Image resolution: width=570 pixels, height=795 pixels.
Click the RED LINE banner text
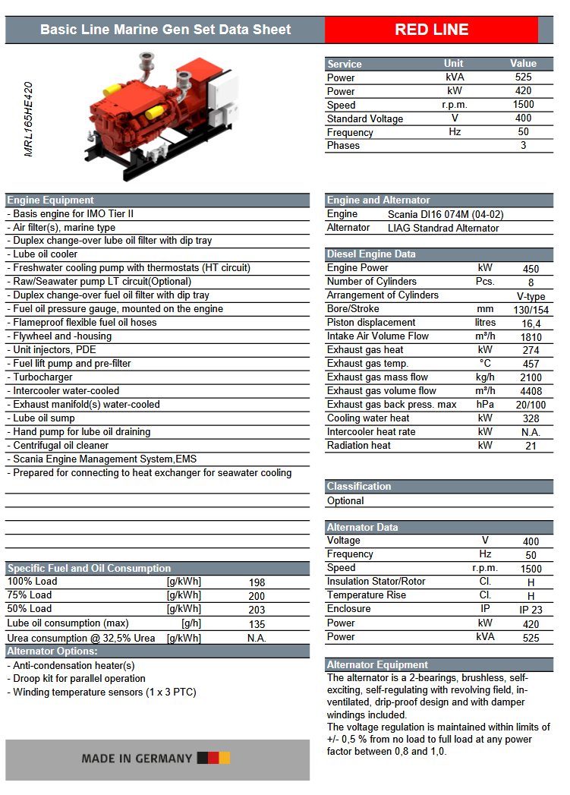pyautogui.click(x=431, y=30)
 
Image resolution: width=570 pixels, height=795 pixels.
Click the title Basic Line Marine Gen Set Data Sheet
pyautogui.click(x=165, y=30)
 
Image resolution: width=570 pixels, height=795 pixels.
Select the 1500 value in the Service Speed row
pyautogui.click(x=523, y=105)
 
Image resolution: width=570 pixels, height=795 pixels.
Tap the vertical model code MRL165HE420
pyautogui.click(x=29, y=119)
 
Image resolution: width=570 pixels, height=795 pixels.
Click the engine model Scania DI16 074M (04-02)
pyautogui.click(x=445, y=214)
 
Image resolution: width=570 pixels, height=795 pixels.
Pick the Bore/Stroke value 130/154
pyautogui.click(x=531, y=310)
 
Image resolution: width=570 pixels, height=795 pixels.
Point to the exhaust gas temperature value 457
pyautogui.click(x=531, y=364)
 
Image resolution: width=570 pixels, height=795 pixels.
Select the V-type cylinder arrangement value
pyautogui.click(x=531, y=296)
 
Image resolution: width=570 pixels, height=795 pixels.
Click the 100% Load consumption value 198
pyautogui.click(x=257, y=582)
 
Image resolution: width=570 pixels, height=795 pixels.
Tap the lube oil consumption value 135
pyautogui.click(x=257, y=624)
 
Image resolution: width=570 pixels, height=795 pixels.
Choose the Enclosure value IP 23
pyautogui.click(x=531, y=610)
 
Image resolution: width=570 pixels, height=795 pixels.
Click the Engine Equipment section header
pyautogui.click(x=51, y=200)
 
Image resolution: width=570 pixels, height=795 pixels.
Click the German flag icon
pyautogui.click(x=213, y=758)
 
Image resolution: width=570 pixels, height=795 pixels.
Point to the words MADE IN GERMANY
pyautogui.click(x=137, y=759)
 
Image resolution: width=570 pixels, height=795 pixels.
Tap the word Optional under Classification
pyautogui.click(x=345, y=501)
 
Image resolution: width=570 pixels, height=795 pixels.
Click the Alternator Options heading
pyautogui.click(x=52, y=651)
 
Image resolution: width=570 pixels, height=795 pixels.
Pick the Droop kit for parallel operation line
pyautogui.click(x=79, y=679)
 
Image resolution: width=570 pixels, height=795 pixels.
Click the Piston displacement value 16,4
pyautogui.click(x=531, y=323)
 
